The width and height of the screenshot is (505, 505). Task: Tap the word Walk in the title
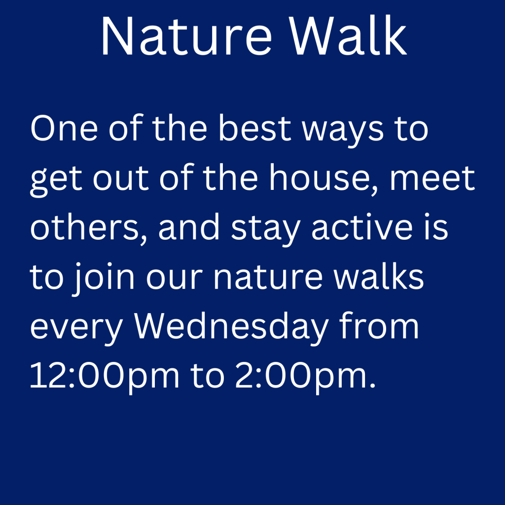pos(348,36)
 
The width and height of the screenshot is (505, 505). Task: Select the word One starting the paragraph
pos(64,128)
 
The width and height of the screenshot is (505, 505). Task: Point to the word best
pos(255,128)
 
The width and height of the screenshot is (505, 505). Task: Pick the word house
pos(324,178)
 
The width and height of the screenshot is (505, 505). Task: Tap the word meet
pos(433,179)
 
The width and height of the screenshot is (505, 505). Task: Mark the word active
pos(362,227)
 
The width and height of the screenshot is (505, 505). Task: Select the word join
pos(103,278)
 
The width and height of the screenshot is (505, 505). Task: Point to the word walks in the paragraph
pos(378,276)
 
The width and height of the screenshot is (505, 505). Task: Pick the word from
pos(379,325)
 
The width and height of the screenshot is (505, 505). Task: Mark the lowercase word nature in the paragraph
pos(268,278)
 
